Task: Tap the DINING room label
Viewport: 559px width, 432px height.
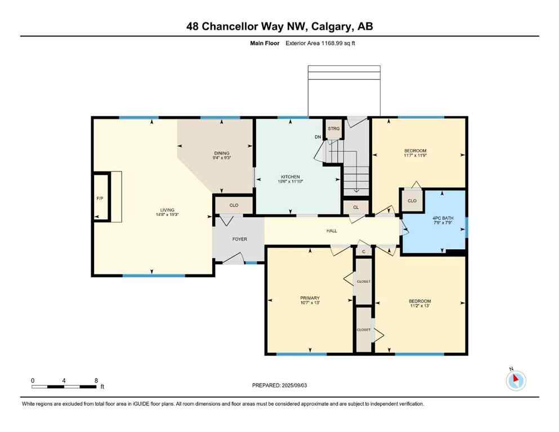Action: [221, 153]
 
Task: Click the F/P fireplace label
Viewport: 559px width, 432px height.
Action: [99, 199]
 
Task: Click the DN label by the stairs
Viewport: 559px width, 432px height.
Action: [318, 136]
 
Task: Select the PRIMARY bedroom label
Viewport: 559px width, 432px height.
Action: [310, 298]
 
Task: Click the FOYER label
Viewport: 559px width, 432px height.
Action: [240, 239]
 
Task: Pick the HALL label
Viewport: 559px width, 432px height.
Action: [332, 231]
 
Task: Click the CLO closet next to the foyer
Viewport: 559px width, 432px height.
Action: [234, 205]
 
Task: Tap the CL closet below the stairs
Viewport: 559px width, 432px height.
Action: [356, 207]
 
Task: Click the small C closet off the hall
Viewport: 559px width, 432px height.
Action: [364, 251]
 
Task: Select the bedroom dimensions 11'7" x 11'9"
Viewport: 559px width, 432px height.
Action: [415, 156]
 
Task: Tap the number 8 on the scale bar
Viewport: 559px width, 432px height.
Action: [96, 381]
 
